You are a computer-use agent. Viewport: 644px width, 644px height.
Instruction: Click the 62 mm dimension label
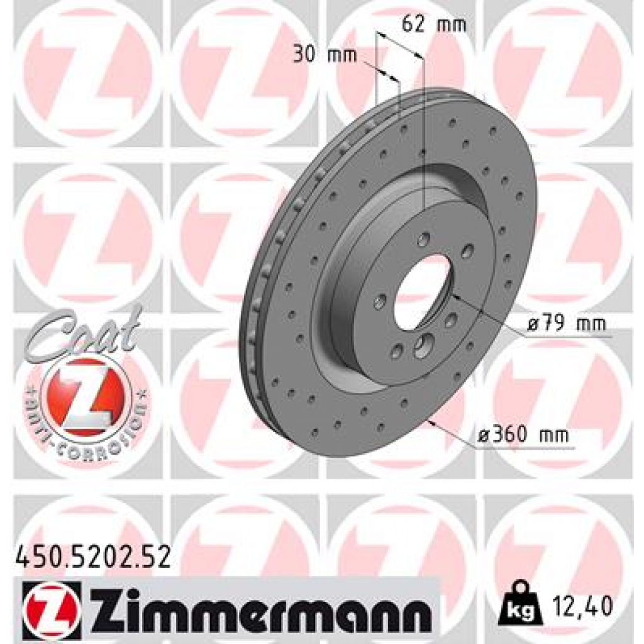(x=434, y=25)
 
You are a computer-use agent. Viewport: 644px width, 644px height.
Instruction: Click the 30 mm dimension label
(x=325, y=54)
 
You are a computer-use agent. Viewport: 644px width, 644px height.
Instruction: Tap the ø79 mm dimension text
(x=566, y=325)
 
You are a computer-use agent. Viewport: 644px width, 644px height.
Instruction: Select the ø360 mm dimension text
(x=522, y=435)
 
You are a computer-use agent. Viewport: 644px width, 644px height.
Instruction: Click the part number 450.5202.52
(x=92, y=557)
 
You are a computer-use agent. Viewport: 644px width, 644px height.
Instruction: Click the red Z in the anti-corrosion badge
(x=85, y=397)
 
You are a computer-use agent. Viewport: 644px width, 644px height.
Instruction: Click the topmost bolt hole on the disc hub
(x=425, y=239)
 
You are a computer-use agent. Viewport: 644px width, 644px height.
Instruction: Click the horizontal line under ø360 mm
(x=522, y=448)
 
